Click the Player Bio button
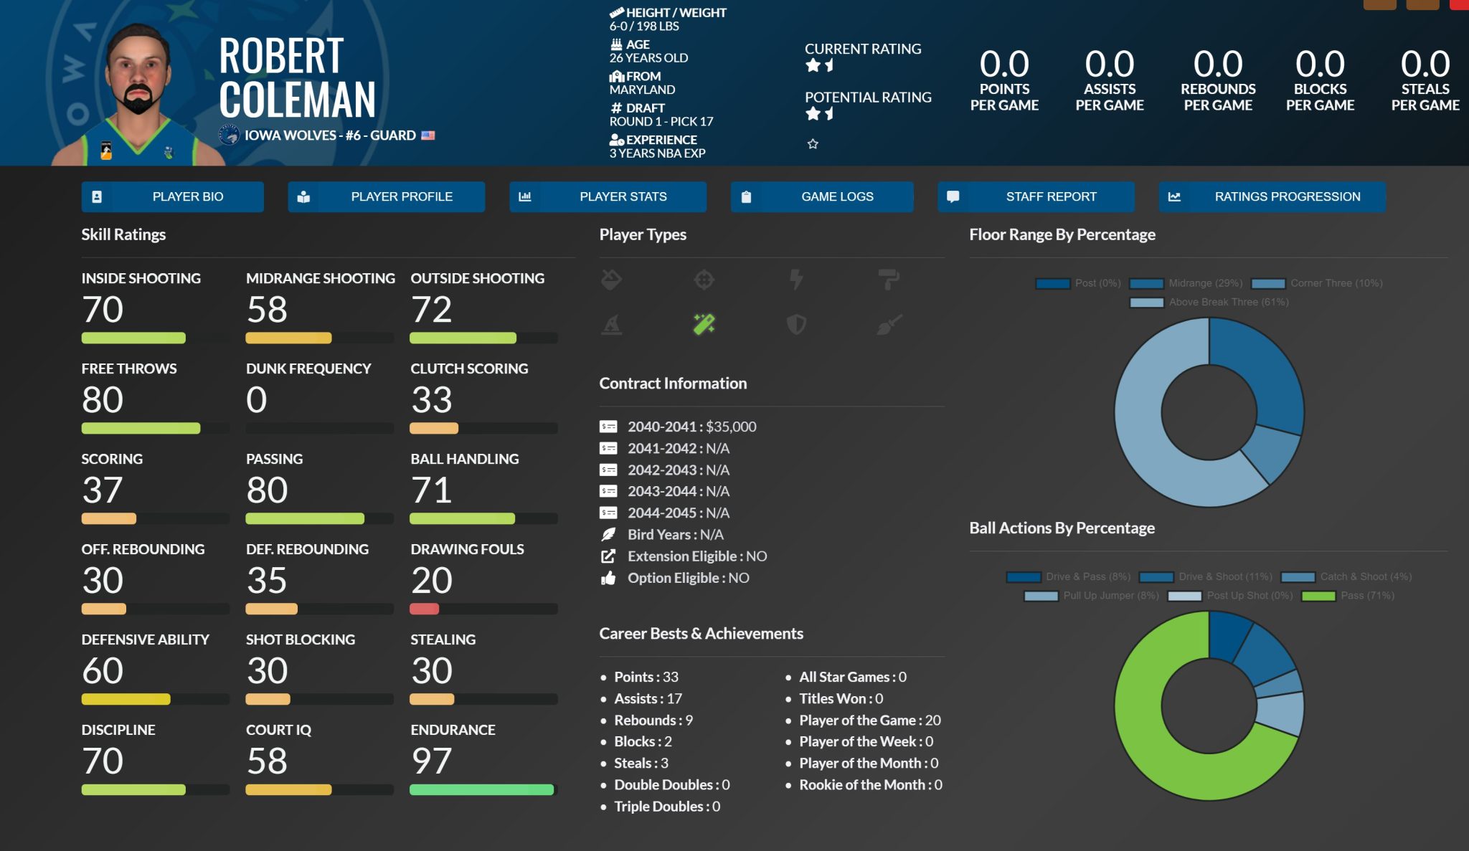point(172,196)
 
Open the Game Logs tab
point(822,196)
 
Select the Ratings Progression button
point(1272,196)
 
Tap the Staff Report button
point(1036,196)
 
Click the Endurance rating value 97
point(431,761)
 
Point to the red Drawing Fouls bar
point(424,609)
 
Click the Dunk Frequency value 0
point(256,399)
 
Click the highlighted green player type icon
point(704,324)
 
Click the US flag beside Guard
point(428,136)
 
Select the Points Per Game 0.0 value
point(1004,65)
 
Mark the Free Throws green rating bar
point(141,428)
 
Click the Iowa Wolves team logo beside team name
point(229,135)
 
